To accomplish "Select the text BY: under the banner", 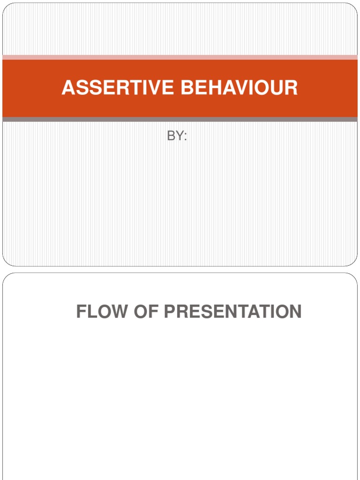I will point(177,136).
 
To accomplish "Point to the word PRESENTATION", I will point(232,312).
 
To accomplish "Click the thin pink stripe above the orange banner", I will point(180,57).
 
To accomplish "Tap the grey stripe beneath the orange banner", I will point(180,120).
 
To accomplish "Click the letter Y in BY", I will point(179,136).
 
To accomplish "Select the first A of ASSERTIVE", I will point(68,88).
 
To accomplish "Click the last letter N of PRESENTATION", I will point(295,312).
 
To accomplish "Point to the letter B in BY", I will point(171,136).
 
